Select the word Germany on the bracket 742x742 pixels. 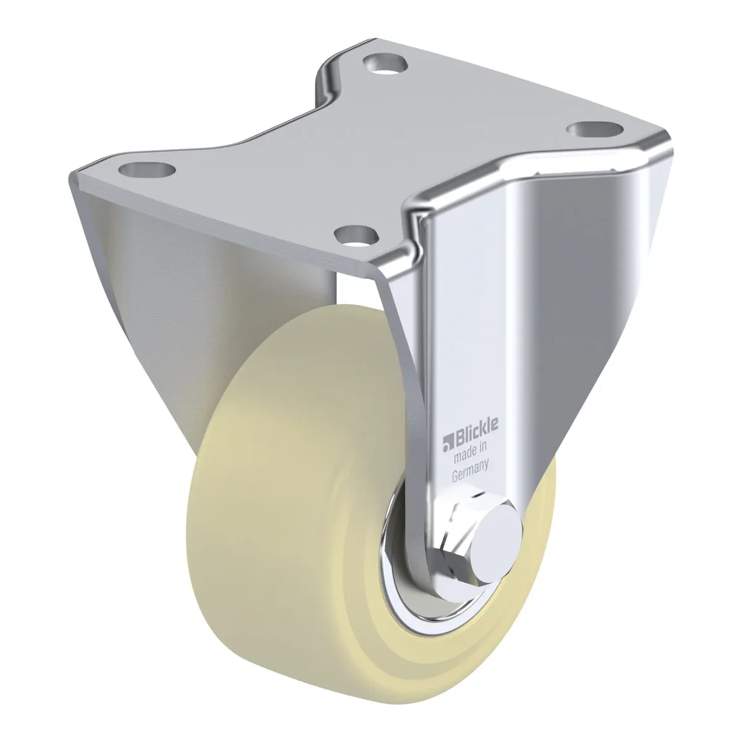tap(471, 472)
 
